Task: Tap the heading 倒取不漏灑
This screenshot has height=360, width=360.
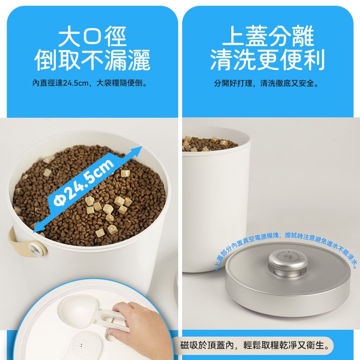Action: pyautogui.click(x=92, y=60)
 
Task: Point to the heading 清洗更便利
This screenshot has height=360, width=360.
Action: pyautogui.click(x=267, y=60)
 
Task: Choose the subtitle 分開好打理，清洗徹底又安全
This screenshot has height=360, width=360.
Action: pyautogui.click(x=266, y=84)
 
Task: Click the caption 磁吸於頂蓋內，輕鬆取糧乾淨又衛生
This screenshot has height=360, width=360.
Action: pyautogui.click(x=256, y=346)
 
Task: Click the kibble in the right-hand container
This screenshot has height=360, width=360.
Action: pyautogui.click(x=209, y=144)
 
